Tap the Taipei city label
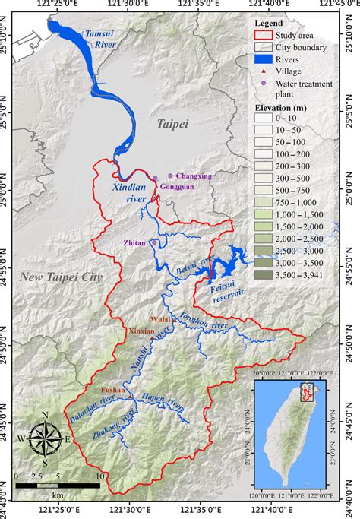(172, 122)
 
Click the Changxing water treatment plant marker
(170, 176)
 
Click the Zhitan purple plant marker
(154, 242)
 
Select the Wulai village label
(160, 320)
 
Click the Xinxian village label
(141, 331)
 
